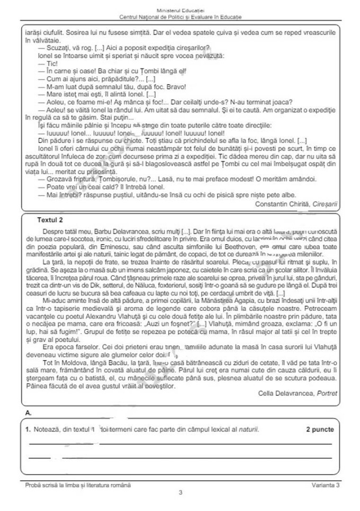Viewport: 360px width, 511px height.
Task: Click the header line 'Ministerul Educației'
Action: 180,11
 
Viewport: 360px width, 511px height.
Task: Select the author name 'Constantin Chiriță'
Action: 282,203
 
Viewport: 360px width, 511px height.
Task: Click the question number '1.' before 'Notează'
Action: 29,429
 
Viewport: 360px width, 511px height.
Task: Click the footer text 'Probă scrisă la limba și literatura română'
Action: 78,485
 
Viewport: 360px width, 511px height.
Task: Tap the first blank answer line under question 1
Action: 180,443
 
